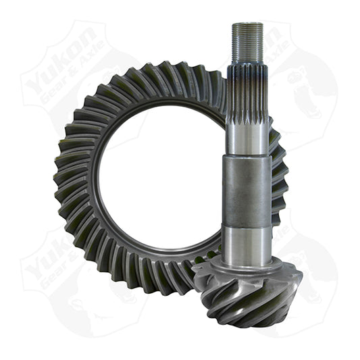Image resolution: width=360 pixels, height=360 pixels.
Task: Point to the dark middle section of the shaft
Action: tap(247, 192)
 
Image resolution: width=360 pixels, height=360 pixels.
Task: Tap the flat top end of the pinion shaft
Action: tap(247, 24)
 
